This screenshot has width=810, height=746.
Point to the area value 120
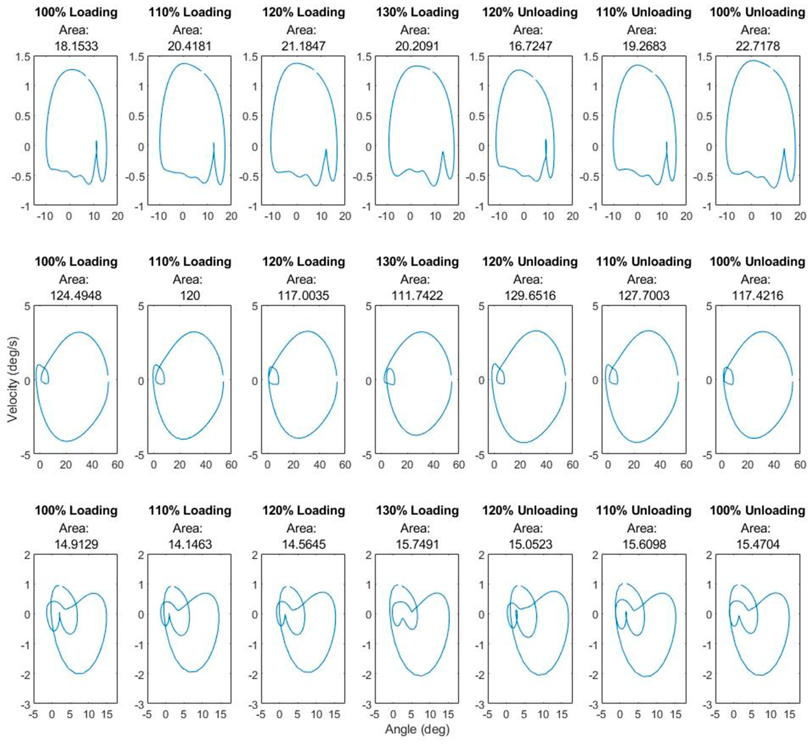tap(189, 295)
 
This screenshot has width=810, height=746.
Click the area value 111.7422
tap(417, 295)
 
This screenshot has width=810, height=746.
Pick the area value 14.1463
tap(189, 544)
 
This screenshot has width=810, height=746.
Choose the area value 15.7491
tap(417, 544)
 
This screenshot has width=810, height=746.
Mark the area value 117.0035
tap(303, 295)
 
